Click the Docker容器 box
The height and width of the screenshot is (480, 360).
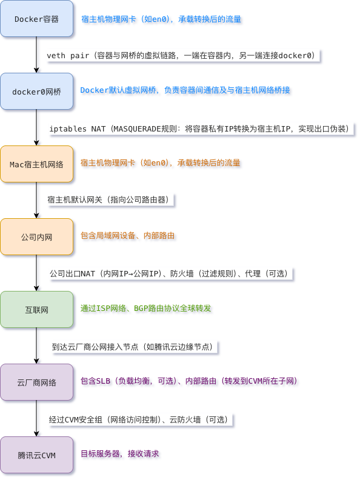point(37,19)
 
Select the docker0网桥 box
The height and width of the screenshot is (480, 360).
point(37,92)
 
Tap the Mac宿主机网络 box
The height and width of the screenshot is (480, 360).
point(37,164)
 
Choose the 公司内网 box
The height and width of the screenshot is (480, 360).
point(37,236)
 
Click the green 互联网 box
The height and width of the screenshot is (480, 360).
point(37,310)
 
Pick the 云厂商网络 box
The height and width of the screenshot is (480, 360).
point(37,382)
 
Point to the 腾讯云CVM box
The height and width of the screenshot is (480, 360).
point(37,455)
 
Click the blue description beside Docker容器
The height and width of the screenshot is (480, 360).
point(161,19)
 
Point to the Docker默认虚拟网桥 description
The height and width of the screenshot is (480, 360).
point(185,90)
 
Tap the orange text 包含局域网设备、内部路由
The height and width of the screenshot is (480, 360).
point(127,235)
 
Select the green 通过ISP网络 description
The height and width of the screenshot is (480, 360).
point(145,308)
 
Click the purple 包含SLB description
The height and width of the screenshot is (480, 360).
point(189,381)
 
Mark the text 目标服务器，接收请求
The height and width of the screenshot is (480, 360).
point(119,453)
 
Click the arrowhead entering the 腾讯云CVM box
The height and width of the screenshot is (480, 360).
point(37,434)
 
